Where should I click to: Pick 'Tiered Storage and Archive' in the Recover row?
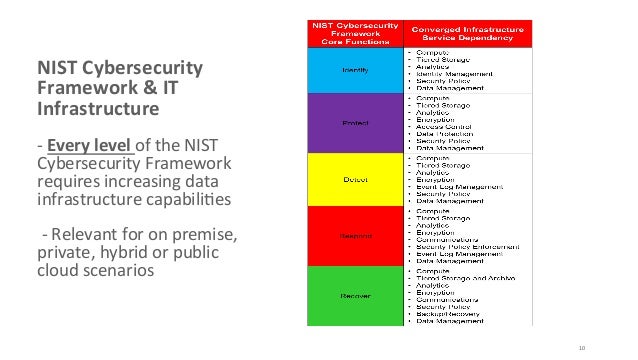click(466, 278)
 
